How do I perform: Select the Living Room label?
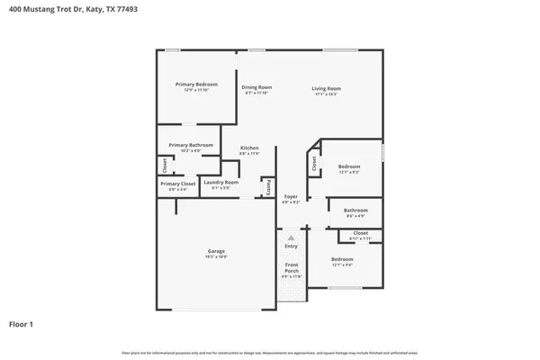[x=326, y=88]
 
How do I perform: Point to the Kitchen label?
[x=249, y=148]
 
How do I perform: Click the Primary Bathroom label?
[x=191, y=145]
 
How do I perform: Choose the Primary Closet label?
[x=177, y=184]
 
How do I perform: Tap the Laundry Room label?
[x=220, y=183]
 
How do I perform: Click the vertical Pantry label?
[x=268, y=187]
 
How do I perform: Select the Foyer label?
[x=291, y=196]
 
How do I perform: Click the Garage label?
[x=216, y=251]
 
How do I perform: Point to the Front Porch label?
[x=291, y=268]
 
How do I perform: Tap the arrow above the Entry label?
[x=291, y=238]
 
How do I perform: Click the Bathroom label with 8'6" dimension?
[x=355, y=211]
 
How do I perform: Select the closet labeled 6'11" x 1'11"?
[x=360, y=233]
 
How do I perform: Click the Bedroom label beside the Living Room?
[x=349, y=166]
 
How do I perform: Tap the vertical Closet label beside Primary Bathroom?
[x=165, y=166]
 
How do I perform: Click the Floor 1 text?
[x=22, y=323]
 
